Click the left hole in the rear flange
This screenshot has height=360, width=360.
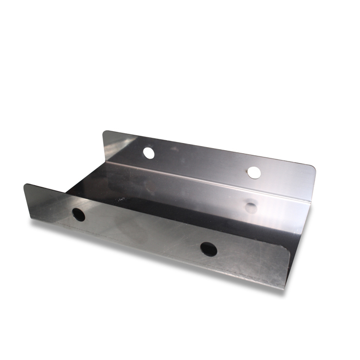point(149,153)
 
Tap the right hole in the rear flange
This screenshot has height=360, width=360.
point(254,172)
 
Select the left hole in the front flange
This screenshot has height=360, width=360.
point(79,214)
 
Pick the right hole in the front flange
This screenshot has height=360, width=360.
point(208,249)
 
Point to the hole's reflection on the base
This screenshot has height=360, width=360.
point(251,207)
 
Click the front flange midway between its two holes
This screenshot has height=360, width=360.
point(143,232)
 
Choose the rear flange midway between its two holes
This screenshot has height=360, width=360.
point(201,163)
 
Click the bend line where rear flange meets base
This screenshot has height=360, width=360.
point(206,180)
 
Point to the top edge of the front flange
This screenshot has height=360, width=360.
point(154,215)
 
